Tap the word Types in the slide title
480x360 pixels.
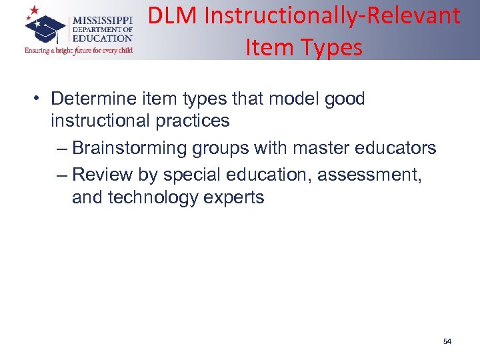click(333, 47)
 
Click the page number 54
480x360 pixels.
click(447, 341)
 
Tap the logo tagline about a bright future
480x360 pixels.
click(78, 50)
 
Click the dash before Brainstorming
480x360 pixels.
click(63, 148)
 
